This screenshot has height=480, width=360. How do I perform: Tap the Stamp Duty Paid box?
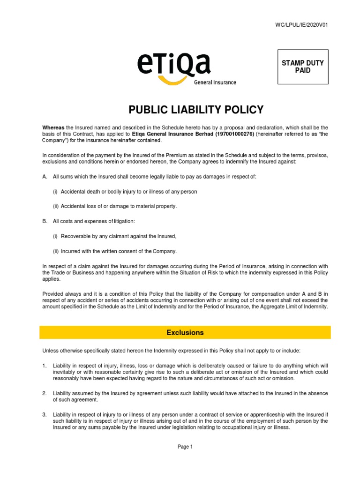(302, 67)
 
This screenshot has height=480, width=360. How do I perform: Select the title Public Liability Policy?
(196, 110)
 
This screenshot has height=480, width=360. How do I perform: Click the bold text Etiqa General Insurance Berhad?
(172, 134)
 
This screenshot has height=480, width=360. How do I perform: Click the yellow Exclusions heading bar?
(185, 332)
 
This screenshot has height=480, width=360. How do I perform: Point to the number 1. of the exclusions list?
(45, 365)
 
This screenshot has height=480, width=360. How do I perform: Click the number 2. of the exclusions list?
(45, 393)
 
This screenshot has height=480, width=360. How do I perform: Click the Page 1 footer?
(185, 447)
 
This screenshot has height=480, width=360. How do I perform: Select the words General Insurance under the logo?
(215, 82)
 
